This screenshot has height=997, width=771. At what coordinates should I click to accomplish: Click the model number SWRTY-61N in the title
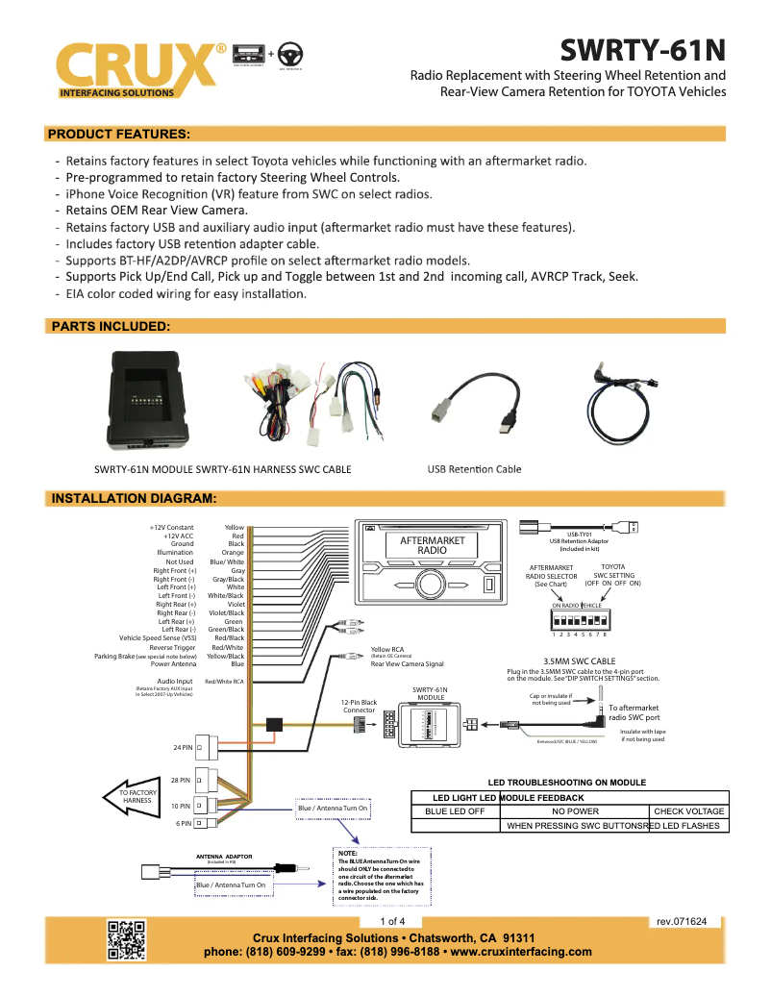point(642,48)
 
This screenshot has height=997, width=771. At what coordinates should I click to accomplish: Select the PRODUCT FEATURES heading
point(119,134)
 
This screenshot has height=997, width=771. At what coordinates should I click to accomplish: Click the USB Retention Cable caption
point(474,469)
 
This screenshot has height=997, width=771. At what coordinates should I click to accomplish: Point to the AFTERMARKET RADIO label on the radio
point(432,545)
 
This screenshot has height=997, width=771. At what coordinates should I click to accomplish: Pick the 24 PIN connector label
point(184,747)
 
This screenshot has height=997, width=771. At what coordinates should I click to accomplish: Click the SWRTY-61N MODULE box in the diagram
point(430,723)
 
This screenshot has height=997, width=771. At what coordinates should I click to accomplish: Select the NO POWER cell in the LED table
point(575,811)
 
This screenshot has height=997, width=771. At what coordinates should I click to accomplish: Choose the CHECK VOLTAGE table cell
point(688,811)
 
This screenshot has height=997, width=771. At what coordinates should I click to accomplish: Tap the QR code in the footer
point(126,939)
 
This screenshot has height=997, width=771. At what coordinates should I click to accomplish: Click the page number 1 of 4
point(393,921)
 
